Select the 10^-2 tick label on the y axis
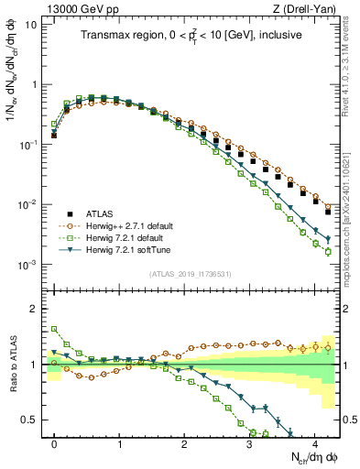27,204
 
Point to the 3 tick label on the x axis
249,442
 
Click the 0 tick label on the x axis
54,442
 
